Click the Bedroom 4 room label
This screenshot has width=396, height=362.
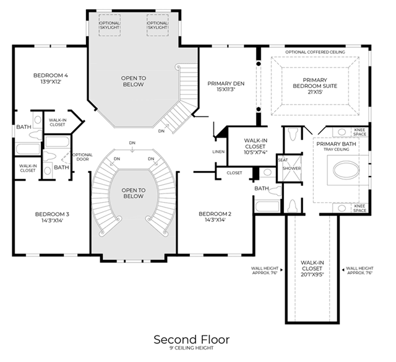pyautogui.click(x=51, y=76)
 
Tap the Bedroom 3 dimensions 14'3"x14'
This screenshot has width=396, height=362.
pyautogui.click(x=52, y=220)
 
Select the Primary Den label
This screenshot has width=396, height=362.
pyautogui.click(x=226, y=84)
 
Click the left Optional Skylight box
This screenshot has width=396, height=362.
pyautogui.click(x=110, y=25)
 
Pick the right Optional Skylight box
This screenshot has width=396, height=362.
pyautogui.click(x=157, y=25)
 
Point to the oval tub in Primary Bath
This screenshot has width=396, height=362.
pyautogui.click(x=346, y=170)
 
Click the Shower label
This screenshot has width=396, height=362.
pyautogui.click(x=291, y=168)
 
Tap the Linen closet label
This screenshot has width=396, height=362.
pyautogui.click(x=218, y=152)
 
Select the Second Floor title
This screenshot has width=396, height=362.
pyautogui.click(x=192, y=340)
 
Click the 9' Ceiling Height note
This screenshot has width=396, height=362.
pyautogui.click(x=192, y=348)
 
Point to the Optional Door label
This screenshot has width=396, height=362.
pyautogui.click(x=82, y=157)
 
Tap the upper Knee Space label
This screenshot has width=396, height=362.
pyautogui.click(x=360, y=132)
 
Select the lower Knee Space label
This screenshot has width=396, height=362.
pyautogui.click(x=360, y=208)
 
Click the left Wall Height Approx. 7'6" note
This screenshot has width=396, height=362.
pyautogui.click(x=265, y=270)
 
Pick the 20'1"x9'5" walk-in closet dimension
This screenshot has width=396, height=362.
pyautogui.click(x=312, y=275)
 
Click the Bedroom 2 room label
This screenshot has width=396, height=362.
pyautogui.click(x=215, y=214)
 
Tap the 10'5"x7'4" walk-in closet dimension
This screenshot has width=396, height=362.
pyautogui.click(x=256, y=152)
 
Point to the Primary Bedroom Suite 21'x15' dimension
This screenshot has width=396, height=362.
pyautogui.click(x=315, y=92)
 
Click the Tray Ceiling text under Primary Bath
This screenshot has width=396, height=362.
pyautogui.click(x=337, y=149)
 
